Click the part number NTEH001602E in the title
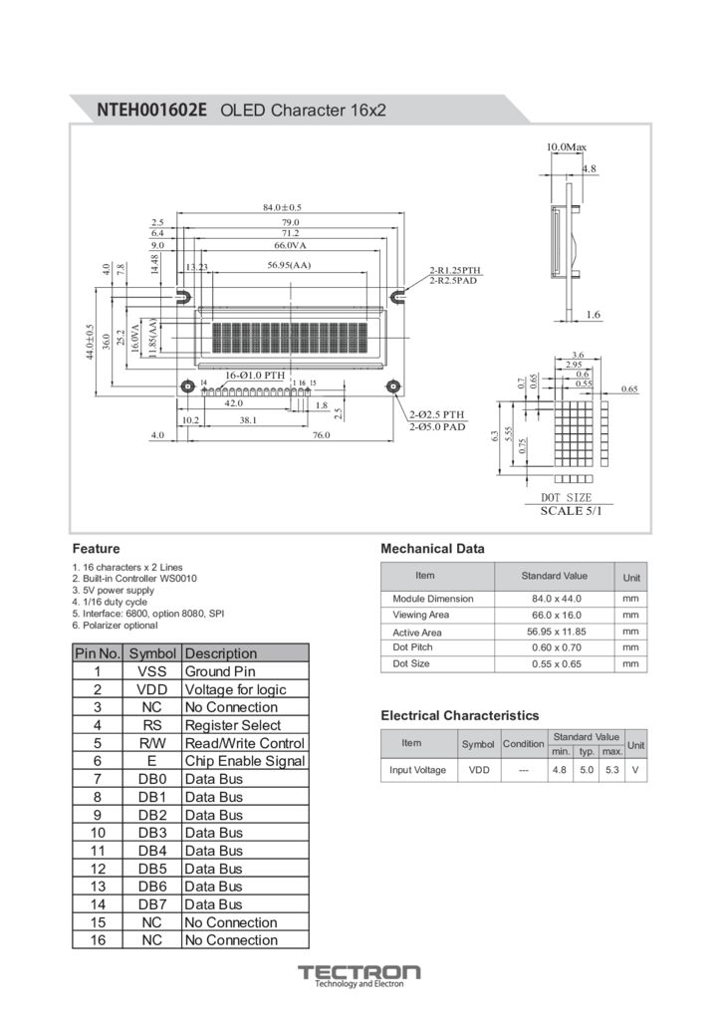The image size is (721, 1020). click(151, 110)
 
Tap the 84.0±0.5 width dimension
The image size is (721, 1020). click(282, 207)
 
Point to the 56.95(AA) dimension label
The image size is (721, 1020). click(289, 266)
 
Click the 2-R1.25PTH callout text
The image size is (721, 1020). click(455, 270)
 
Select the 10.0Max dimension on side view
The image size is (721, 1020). click(566, 147)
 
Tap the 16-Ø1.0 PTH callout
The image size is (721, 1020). click(255, 375)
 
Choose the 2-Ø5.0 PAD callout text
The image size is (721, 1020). click(437, 426)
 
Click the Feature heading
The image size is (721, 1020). click(96, 549)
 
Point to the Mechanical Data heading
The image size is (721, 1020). click(432, 549)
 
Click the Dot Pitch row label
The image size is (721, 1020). click(412, 647)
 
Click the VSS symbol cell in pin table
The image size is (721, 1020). click(151, 671)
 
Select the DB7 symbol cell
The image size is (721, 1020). click(151, 904)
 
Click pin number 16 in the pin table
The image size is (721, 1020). click(98, 940)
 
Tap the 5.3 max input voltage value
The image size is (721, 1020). click(611, 770)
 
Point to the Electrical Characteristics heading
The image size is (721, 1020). click(459, 715)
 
